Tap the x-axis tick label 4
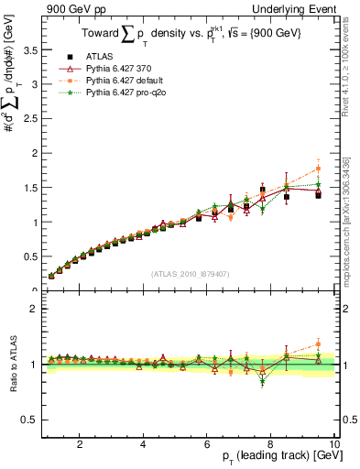[x=143, y=444]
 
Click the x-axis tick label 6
[x=207, y=444]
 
